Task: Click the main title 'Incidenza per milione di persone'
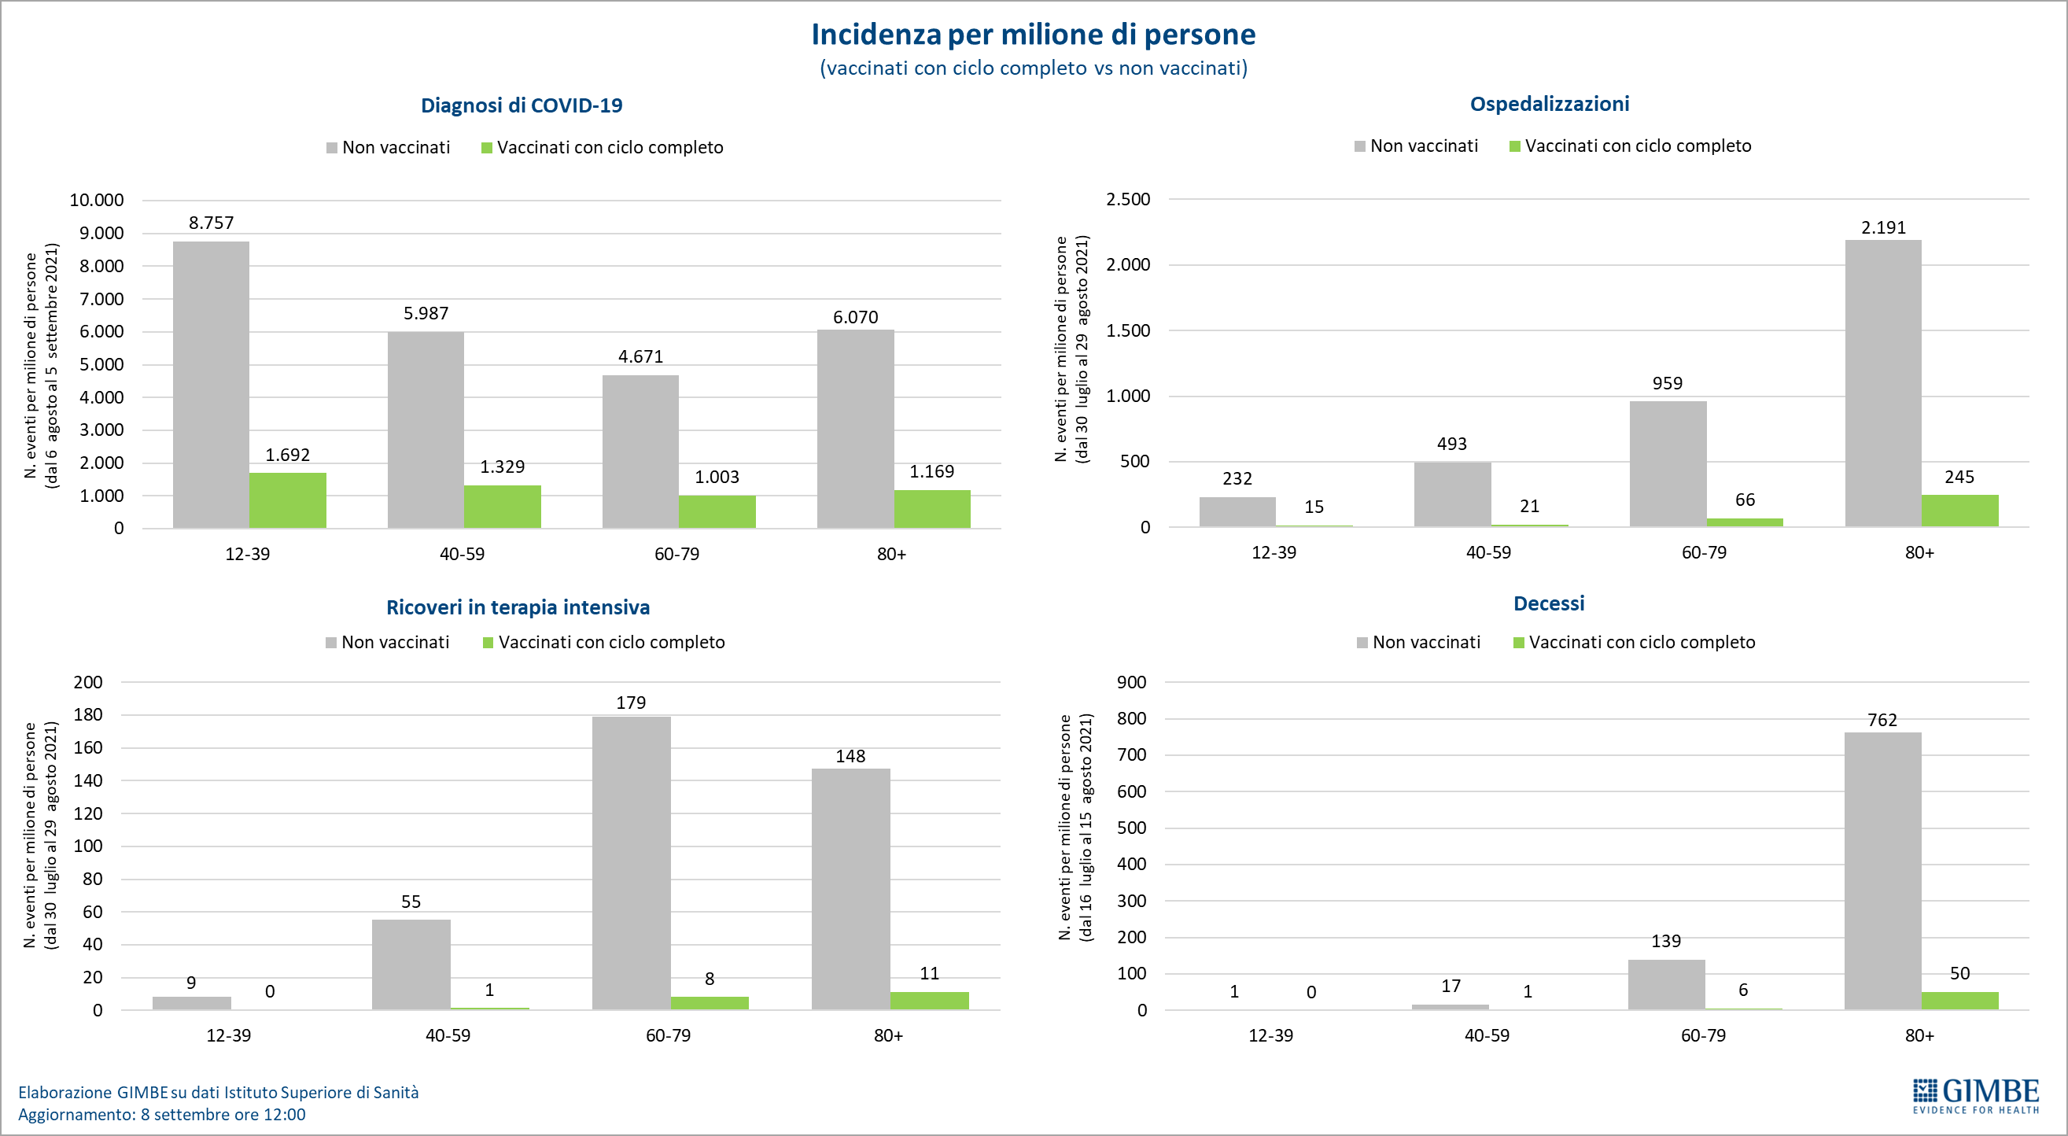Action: [1033, 35]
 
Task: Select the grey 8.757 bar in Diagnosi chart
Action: [211, 385]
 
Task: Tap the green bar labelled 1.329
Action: [502, 507]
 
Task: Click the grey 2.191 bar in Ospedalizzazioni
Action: [1882, 383]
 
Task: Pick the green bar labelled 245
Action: [1959, 511]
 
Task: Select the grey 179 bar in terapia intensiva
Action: [631, 862]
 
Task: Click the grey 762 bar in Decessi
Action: [1882, 870]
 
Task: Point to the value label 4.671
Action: [640, 356]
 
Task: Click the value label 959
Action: [1668, 383]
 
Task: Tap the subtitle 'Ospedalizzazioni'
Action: [1549, 104]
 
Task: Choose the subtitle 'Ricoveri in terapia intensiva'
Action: [518, 607]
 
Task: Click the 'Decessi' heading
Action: [1549, 603]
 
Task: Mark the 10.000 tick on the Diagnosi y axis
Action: [96, 200]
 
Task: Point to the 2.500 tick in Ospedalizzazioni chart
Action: [1128, 199]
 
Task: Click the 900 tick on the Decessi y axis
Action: [1131, 681]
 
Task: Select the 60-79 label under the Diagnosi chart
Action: [676, 553]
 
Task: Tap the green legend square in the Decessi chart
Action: [1518, 642]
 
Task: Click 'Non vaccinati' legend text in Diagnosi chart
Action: [396, 147]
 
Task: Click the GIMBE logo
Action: [1976, 1096]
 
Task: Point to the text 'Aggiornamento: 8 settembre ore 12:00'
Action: [161, 1114]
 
